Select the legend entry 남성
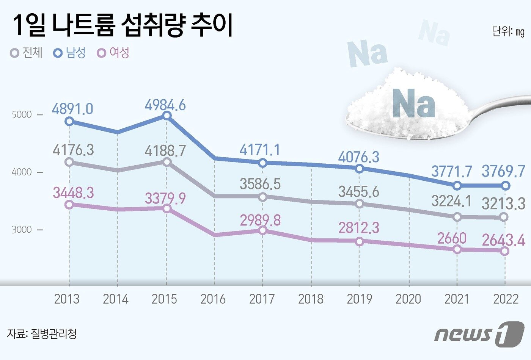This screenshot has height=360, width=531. click(70, 53)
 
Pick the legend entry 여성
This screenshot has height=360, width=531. click(114, 53)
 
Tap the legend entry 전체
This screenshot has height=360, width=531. click(27, 53)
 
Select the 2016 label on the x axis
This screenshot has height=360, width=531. click(213, 299)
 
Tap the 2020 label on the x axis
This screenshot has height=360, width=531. click(408, 299)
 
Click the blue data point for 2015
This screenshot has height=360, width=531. click(167, 116)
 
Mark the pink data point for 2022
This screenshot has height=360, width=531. click(504, 251)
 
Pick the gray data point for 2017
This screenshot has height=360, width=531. click(262, 197)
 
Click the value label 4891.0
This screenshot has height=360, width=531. click(72, 109)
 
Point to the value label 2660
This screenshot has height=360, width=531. click(452, 238)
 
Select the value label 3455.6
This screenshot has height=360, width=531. click(358, 192)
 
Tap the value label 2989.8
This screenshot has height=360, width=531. click(260, 220)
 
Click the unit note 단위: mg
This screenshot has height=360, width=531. click(508, 31)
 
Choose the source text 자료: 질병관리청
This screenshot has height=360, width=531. click(42, 334)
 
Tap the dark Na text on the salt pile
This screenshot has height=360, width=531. click(413, 103)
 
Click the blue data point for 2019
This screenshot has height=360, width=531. click(360, 169)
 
